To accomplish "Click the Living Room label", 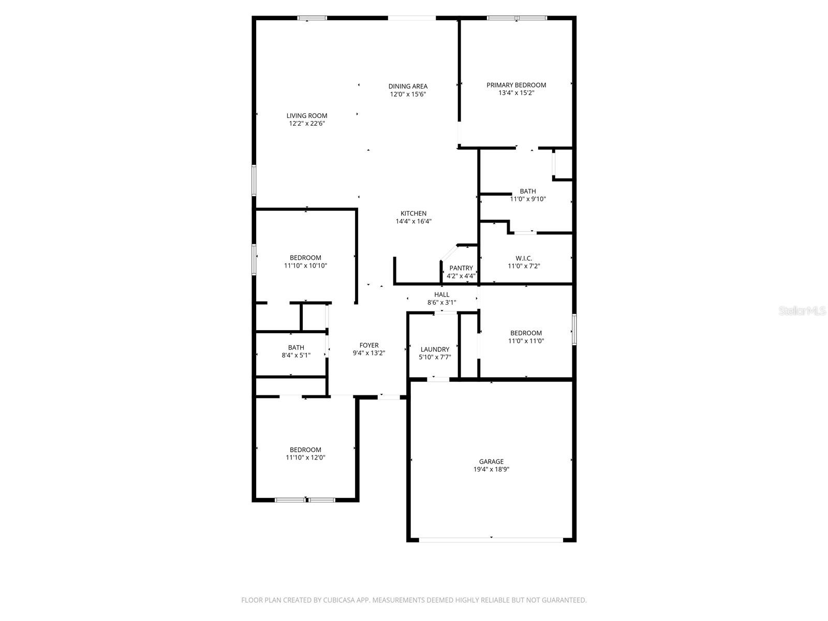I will pos(307,116).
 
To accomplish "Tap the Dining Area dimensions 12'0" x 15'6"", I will pos(408,95).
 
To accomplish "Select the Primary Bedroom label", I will pos(516,85).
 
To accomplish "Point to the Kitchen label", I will pos(413,213).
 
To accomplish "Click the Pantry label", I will pos(461,268).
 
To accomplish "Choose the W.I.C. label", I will pos(524,258).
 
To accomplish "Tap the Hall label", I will pos(441,294).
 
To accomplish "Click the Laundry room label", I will pos(435,349).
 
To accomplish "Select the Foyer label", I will pos(369,345).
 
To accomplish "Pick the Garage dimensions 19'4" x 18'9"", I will pos(491,469).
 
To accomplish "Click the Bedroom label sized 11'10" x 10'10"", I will pos(305,258).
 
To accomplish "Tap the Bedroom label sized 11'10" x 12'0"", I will pos(305,450).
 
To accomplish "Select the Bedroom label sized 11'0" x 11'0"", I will pos(526,333).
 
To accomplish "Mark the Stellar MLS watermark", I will pos(802,310).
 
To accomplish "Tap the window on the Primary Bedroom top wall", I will pos(516,18).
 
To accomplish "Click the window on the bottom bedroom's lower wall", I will pos(305,500).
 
